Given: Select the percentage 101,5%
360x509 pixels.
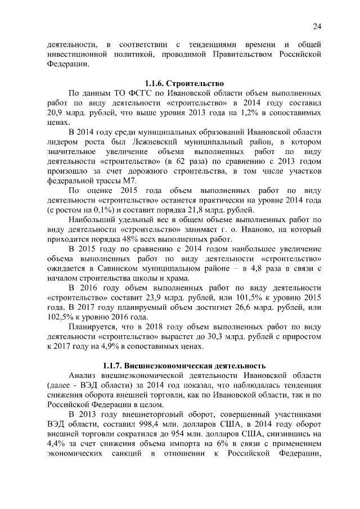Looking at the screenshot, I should click(x=264, y=298).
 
